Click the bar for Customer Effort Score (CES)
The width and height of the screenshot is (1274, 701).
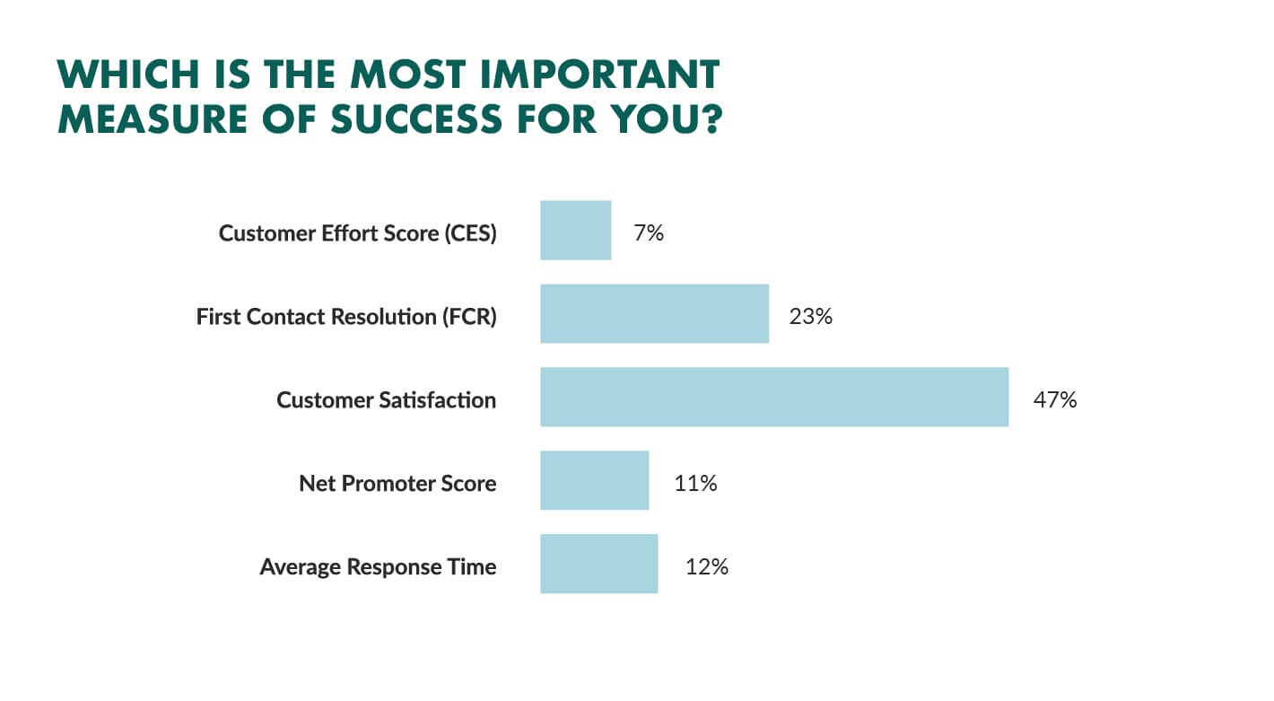pyautogui.click(x=576, y=231)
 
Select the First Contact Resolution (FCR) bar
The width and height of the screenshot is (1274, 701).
pyautogui.click(x=655, y=313)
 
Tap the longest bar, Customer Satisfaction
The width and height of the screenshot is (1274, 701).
pyautogui.click(x=774, y=397)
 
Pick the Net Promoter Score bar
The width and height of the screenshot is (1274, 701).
pyautogui.click(x=594, y=480)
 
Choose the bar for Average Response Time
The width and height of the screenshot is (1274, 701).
pyautogui.click(x=599, y=564)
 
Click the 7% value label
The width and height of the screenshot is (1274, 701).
pyautogui.click(x=649, y=232)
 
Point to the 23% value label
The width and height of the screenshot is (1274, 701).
pyautogui.click(x=810, y=316)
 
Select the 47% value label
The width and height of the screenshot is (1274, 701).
pyautogui.click(x=1055, y=400)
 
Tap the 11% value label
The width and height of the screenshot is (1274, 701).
pyautogui.click(x=695, y=483)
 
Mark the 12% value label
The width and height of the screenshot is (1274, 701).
pyautogui.click(x=707, y=566)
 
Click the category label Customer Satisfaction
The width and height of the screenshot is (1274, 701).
pyautogui.click(x=386, y=400)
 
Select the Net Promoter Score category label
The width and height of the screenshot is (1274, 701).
pyautogui.click(x=397, y=483)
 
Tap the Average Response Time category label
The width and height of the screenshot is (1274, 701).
pyautogui.click(x=379, y=566)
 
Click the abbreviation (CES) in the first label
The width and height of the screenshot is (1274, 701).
pyautogui.click(x=470, y=233)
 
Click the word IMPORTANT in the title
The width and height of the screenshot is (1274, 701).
pyautogui.click(x=600, y=74)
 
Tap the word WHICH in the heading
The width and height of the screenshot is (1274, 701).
pyautogui.click(x=128, y=74)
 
